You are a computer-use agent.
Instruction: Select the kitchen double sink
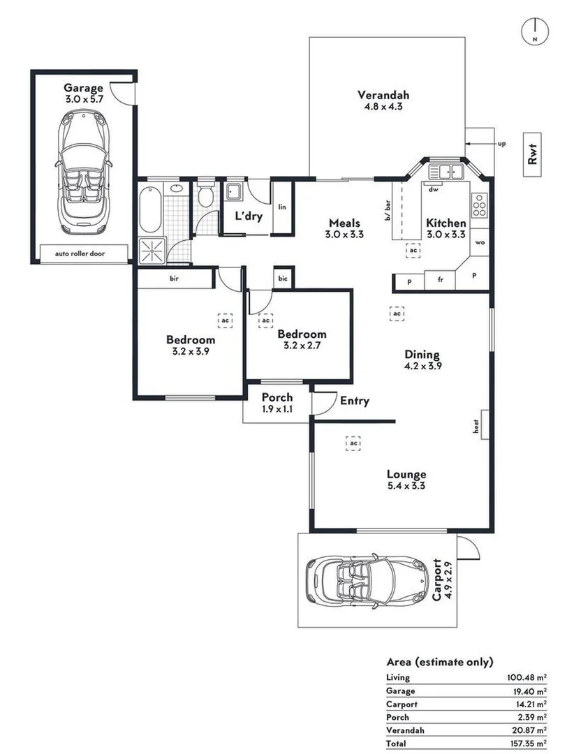tap(447, 171)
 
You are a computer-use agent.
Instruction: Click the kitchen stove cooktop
tap(479, 206)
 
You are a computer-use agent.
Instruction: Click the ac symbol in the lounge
tap(354, 443)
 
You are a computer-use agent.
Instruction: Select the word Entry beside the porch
tap(354, 401)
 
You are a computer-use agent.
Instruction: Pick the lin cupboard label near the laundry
tap(282, 207)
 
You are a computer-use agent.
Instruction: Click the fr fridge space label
tap(440, 281)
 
